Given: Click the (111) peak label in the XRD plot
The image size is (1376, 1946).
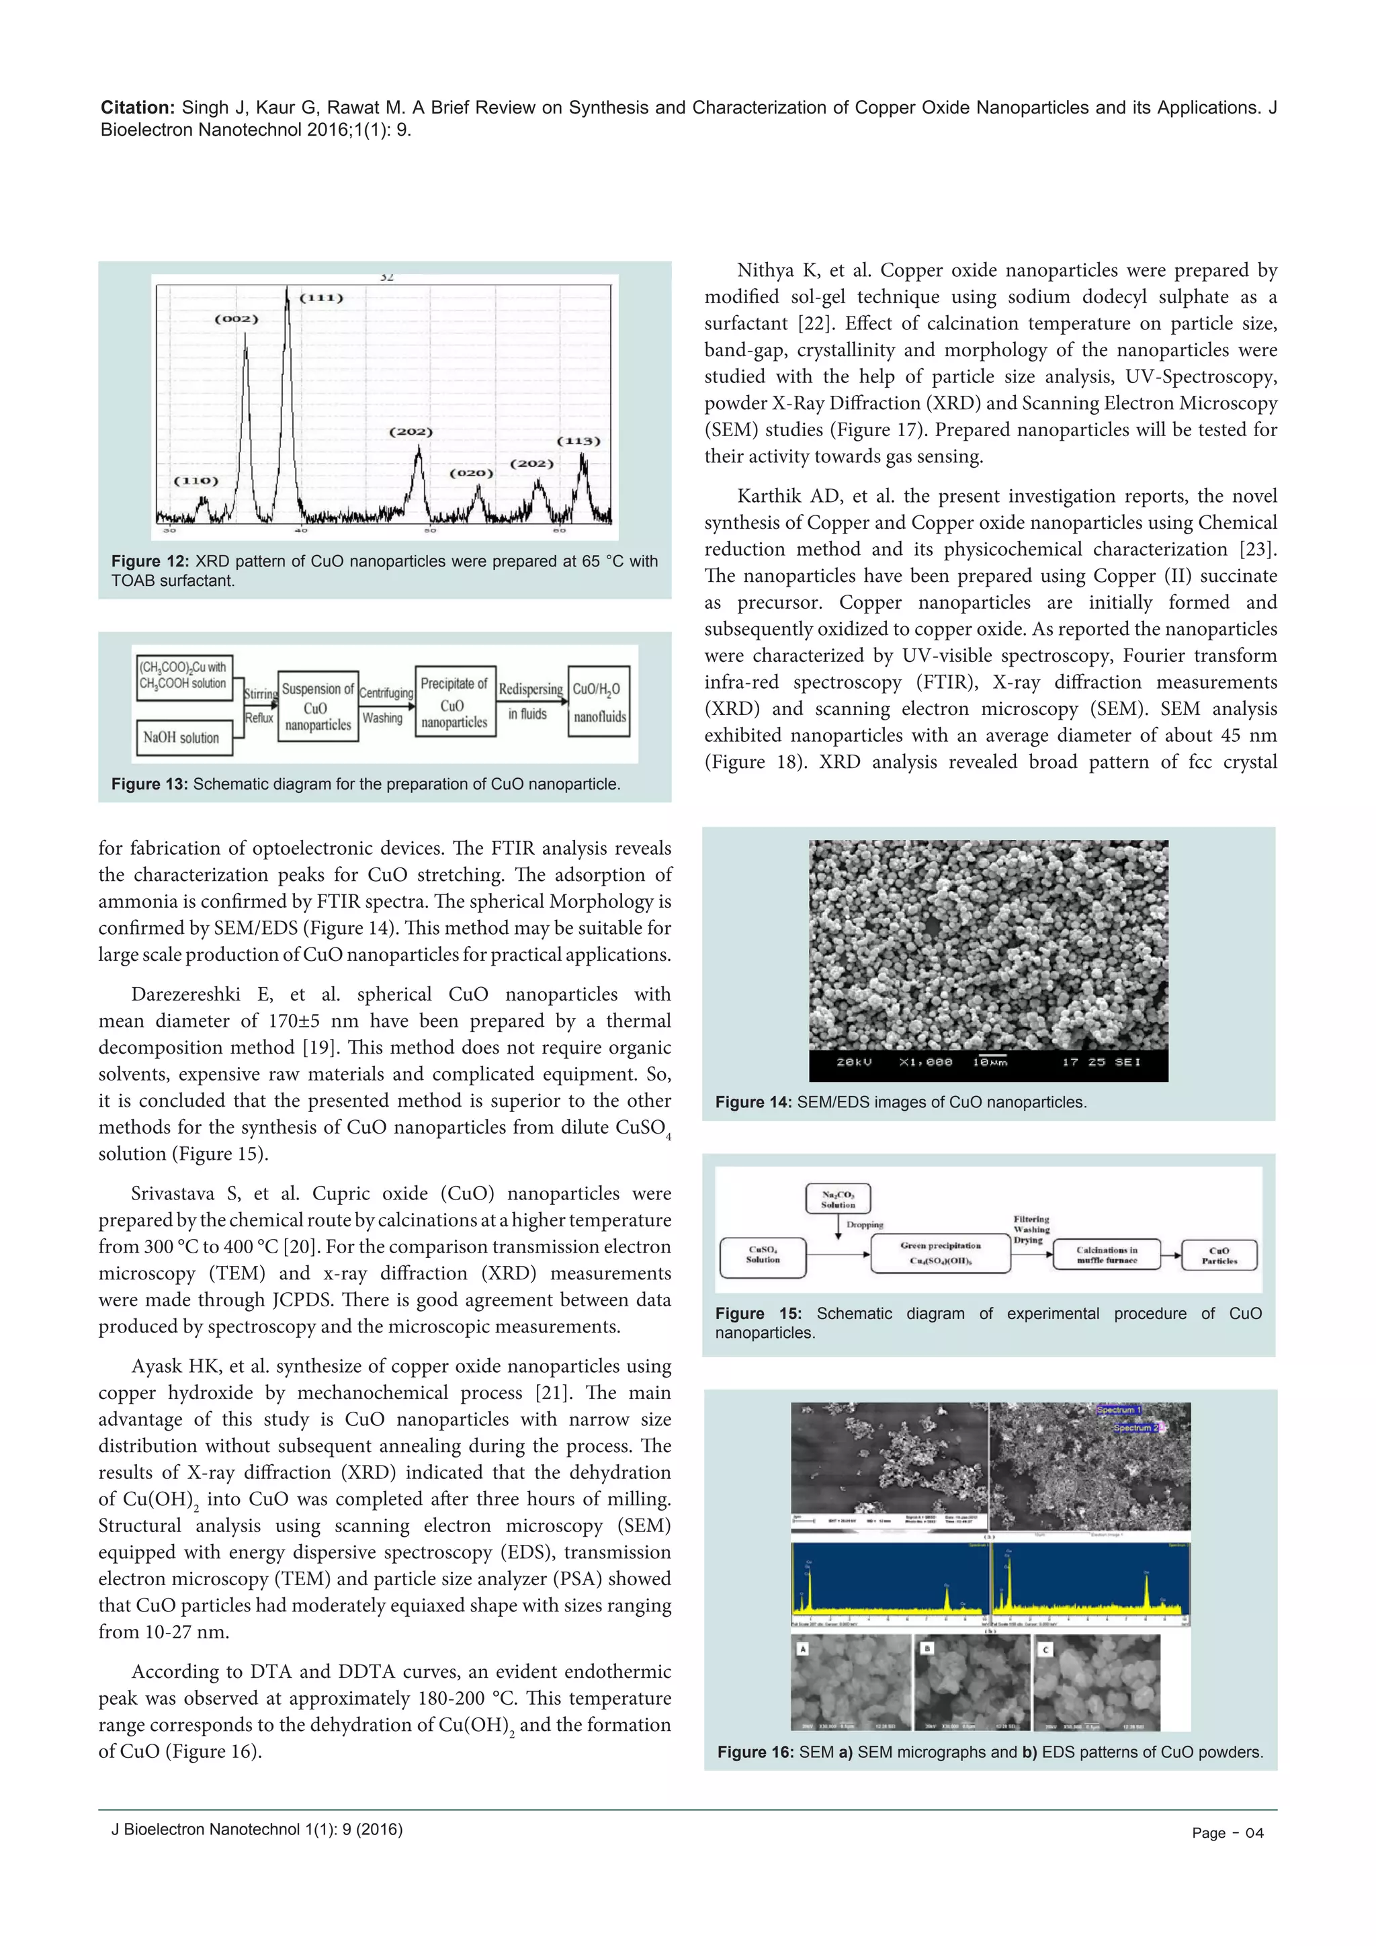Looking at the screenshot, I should coord(322,298).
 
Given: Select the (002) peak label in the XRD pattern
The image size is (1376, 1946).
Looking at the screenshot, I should coord(236,319).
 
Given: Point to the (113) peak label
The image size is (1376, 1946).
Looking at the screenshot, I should coord(578,441).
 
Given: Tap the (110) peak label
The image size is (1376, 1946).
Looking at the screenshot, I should coord(196,480).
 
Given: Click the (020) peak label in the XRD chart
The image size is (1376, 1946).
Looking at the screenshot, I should coord(471,473).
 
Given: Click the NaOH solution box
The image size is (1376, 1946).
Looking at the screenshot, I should coord(182,737).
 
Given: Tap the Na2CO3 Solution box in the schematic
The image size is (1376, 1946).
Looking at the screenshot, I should coord(838,1199).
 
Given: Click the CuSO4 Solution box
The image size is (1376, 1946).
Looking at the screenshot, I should coord(763,1255).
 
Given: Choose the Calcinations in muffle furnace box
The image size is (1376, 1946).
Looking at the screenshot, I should coord(1107,1255).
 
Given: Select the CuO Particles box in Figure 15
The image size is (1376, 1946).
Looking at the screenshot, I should coord(1219,1255).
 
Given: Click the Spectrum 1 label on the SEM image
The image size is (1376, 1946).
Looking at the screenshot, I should coord(1119,1410).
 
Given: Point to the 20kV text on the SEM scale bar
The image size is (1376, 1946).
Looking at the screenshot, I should coord(854,1062).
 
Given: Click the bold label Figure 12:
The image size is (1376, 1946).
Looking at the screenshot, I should coord(150,561).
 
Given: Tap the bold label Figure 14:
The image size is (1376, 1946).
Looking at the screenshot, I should coord(753,1102).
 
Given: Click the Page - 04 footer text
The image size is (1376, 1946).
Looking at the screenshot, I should coord(1227,1833).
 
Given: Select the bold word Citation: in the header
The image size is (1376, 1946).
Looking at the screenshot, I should coord(137,108).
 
